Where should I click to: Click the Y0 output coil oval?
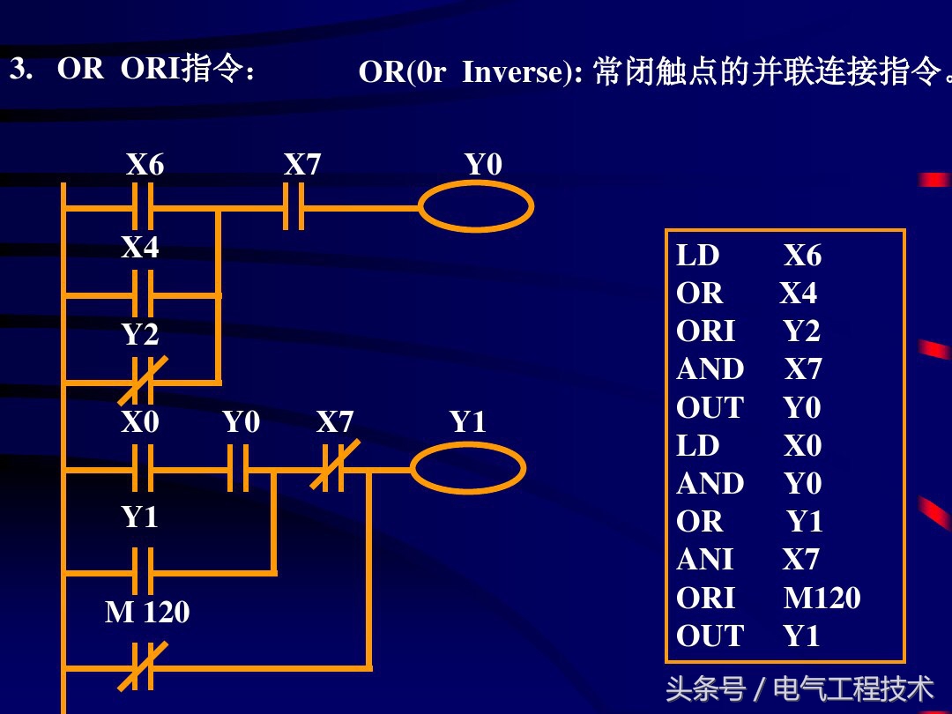click(475, 209)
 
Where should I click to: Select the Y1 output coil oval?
click(467, 467)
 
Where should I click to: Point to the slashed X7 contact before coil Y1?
click(332, 467)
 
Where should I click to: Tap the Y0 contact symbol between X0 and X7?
click(239, 467)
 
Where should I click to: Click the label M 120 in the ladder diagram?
click(146, 612)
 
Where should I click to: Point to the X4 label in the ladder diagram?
click(140, 248)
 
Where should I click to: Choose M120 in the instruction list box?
click(822, 599)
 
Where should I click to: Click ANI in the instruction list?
click(704, 560)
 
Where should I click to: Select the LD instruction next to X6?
click(698, 256)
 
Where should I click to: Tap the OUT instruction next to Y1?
click(710, 636)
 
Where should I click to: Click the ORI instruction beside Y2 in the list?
click(705, 331)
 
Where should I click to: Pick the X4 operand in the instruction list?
click(798, 293)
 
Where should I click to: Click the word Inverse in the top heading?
click(517, 72)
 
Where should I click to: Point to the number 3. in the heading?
click(20, 69)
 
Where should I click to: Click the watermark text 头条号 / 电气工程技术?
click(799, 688)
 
